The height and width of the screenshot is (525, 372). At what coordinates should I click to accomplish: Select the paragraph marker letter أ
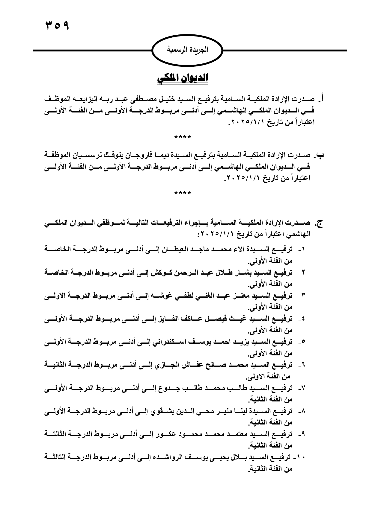[x=322, y=99]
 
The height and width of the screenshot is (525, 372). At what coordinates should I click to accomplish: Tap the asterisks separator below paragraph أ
[x=183, y=138]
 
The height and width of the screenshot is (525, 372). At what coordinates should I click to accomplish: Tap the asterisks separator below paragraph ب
[x=183, y=193]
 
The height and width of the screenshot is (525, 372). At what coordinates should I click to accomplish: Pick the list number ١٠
[x=298, y=458]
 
